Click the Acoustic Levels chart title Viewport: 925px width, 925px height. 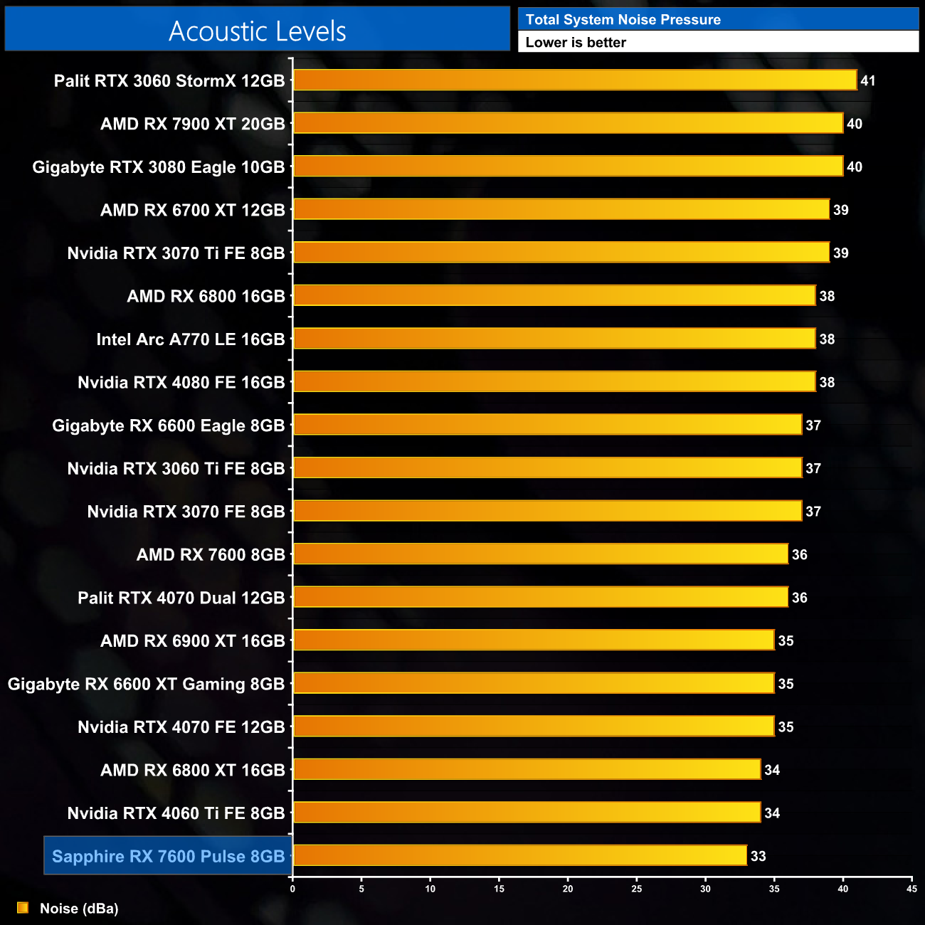point(257,31)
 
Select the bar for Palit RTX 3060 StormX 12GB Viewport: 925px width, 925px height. point(575,80)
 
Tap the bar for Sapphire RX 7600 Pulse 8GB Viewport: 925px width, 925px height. point(520,855)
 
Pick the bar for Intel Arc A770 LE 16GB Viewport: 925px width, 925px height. point(554,339)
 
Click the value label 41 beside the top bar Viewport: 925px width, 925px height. point(867,81)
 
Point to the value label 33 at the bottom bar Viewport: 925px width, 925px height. point(758,856)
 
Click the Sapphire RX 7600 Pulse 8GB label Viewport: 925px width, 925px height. point(169,856)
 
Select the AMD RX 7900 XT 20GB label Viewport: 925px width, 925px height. point(193,124)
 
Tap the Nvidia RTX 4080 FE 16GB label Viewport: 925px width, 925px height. point(181,382)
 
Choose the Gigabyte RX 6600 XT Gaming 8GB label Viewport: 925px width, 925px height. point(147,684)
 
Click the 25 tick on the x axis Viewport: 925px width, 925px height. point(636,889)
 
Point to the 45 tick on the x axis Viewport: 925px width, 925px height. point(911,889)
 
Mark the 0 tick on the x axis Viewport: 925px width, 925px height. point(292,889)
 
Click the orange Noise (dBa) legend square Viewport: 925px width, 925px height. point(23,908)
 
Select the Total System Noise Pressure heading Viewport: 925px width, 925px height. point(623,20)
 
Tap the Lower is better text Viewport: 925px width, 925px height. point(576,43)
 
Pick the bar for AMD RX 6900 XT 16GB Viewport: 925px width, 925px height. point(534,640)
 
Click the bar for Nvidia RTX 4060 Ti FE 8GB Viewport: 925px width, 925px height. point(527,813)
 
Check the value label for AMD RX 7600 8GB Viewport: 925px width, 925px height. point(799,555)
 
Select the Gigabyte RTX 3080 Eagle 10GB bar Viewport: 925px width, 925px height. point(568,166)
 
